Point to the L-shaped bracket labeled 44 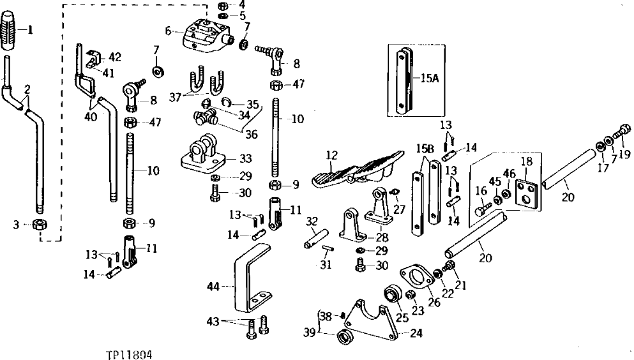click(245, 281)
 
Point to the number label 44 click(211, 289)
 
